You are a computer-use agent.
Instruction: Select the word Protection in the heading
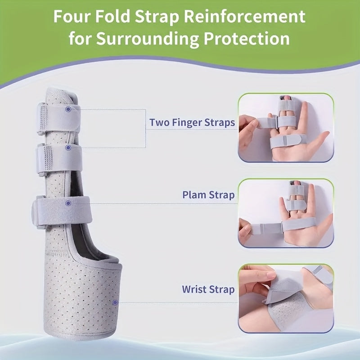247,38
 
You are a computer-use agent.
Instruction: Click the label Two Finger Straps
192,122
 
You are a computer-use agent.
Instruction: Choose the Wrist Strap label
208,289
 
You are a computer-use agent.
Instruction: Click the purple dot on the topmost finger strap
68,109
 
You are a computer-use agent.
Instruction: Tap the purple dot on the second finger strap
68,148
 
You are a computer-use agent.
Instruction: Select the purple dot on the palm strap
68,203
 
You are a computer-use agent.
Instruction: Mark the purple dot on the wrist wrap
115,302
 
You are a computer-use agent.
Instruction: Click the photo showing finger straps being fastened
286,128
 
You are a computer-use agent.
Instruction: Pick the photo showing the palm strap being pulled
286,213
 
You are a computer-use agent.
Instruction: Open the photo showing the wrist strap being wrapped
286,298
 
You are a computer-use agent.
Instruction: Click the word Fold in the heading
112,17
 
